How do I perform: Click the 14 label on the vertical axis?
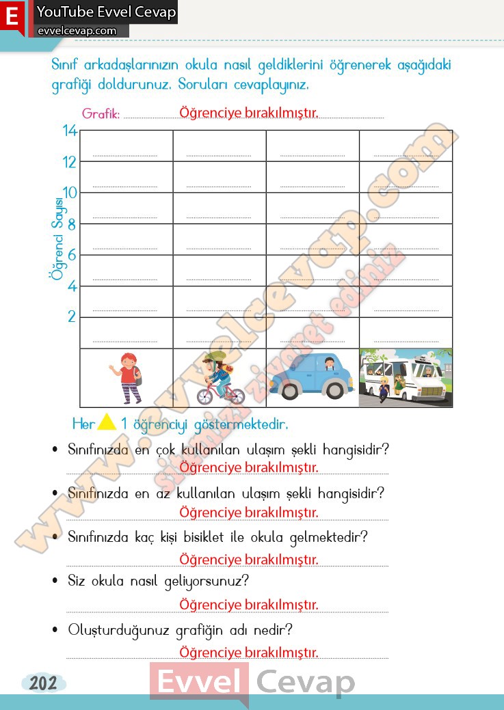(x=70, y=131)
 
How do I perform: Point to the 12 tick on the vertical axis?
(x=70, y=162)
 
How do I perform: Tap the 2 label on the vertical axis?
(x=71, y=317)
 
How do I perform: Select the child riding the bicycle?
(x=221, y=378)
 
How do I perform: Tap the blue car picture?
(x=312, y=378)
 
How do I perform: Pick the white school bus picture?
(x=406, y=378)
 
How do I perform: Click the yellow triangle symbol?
(x=107, y=423)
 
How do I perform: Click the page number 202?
(x=43, y=683)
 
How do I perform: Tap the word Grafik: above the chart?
(x=101, y=113)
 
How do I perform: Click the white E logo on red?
(x=12, y=16)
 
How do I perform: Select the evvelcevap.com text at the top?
(x=77, y=31)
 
